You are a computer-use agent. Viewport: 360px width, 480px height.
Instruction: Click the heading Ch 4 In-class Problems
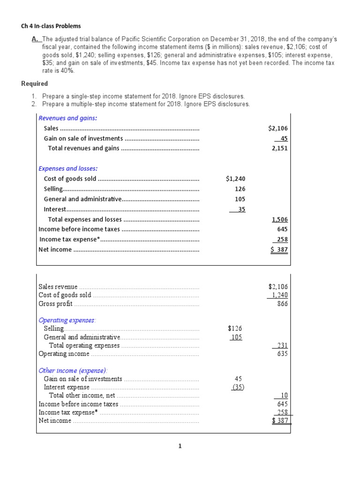[48, 26]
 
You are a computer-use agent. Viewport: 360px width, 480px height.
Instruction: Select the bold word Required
[35, 84]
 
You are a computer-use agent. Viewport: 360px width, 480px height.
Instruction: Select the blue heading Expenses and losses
[68, 168]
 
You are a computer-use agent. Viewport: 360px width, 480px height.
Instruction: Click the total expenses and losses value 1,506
[280, 219]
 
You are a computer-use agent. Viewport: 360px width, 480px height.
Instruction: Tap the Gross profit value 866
[282, 304]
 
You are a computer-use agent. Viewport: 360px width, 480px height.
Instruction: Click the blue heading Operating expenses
[67, 320]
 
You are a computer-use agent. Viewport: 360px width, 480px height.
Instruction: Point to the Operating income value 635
[282, 354]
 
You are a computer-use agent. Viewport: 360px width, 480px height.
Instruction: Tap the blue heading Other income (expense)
[73, 370]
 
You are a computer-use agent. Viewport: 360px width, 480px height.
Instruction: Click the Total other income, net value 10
[284, 396]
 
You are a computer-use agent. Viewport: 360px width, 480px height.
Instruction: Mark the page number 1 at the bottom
[180, 446]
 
